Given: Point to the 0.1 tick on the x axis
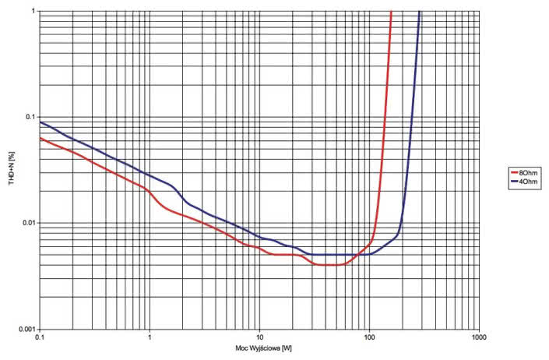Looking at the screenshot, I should click(x=40, y=337).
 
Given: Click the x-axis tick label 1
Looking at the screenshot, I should click(x=150, y=337).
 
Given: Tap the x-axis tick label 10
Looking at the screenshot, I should click(x=259, y=337).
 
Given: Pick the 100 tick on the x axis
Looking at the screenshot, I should click(x=369, y=337).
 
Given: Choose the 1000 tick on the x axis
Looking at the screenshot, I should click(x=479, y=337).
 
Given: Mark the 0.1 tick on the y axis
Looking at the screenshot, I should click(x=30, y=117).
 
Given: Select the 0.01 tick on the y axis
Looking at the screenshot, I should click(x=29, y=223).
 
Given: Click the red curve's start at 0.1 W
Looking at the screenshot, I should click(x=40, y=138).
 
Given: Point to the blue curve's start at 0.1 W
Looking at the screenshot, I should click(x=40, y=122).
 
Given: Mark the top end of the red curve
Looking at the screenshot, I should click(x=391, y=12).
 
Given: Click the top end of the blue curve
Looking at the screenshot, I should click(x=420, y=12).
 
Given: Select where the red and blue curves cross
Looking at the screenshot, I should click(x=357, y=255).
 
